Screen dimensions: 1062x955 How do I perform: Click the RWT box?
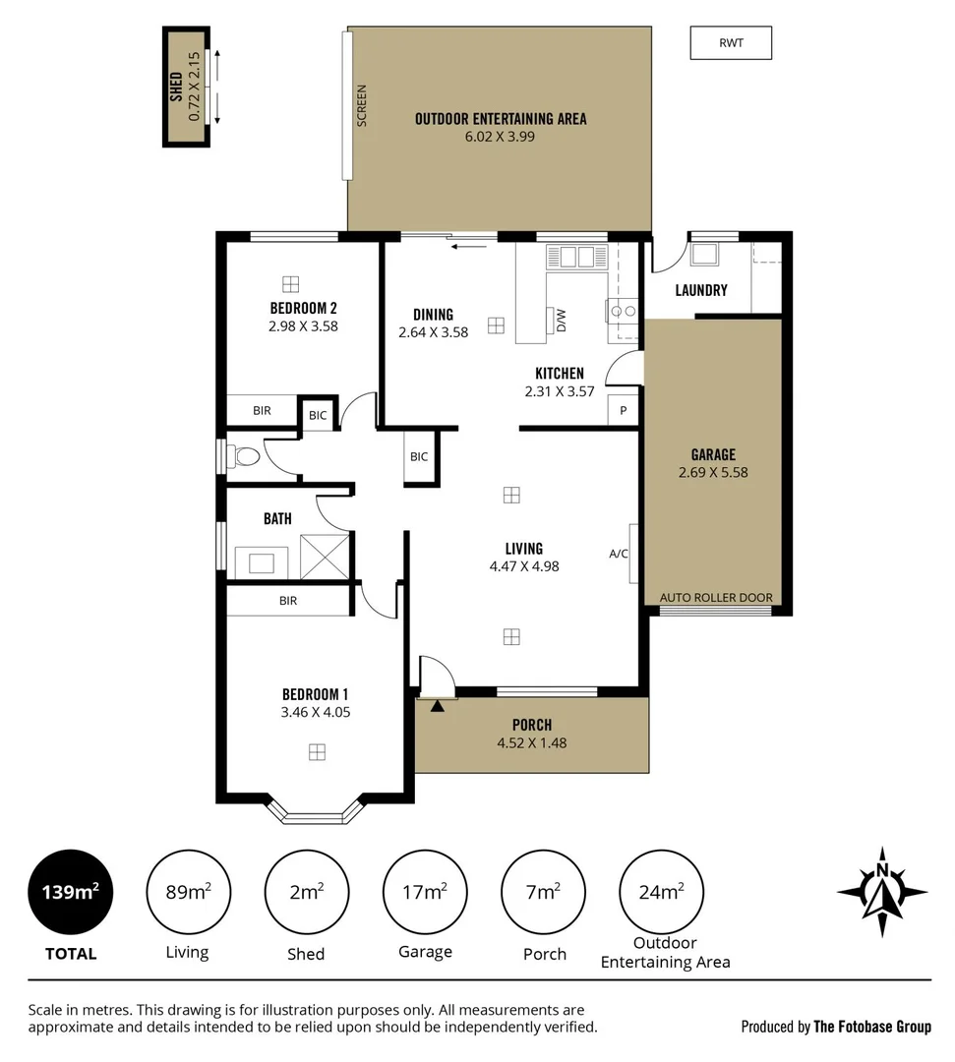[x=731, y=43]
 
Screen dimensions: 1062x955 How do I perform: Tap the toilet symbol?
[x=244, y=456]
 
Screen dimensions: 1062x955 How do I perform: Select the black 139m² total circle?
[x=70, y=892]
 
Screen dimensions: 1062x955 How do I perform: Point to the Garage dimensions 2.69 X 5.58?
[x=713, y=472]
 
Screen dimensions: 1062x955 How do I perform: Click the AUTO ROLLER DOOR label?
[x=715, y=597]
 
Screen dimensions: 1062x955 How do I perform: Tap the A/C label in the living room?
[x=619, y=554]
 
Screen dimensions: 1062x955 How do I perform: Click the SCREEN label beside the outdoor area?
[x=361, y=105]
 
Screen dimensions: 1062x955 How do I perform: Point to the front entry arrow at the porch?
[x=437, y=703]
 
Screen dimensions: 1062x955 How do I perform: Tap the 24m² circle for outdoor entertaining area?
[x=660, y=892]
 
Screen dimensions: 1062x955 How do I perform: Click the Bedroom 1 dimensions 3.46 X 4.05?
[x=317, y=712]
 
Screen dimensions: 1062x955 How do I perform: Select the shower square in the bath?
[x=326, y=558]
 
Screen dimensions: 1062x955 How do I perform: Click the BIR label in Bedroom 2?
[x=262, y=410]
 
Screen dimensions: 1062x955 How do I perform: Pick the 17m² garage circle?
[x=425, y=892]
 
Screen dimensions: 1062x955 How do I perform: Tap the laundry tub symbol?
[x=703, y=255]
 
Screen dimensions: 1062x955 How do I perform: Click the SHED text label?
[x=176, y=87]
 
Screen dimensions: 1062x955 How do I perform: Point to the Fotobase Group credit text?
[x=836, y=1027]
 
